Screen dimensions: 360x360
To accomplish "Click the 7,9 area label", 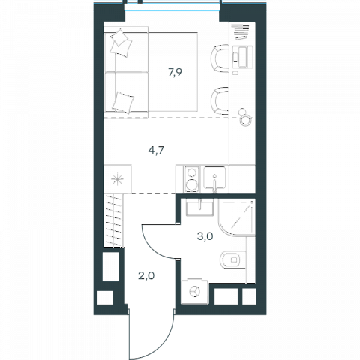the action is point(175,72).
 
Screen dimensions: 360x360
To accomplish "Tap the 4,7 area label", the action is point(156,151).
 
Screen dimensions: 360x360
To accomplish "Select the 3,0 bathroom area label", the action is point(205,236).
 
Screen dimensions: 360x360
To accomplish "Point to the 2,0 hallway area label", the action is point(146,275).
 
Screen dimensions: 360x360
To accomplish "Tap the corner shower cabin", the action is point(237,217).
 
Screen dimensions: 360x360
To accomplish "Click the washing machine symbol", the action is point(195,291).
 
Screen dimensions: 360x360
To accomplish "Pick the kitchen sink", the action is point(214,178).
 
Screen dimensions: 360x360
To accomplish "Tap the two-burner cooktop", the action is point(192,179).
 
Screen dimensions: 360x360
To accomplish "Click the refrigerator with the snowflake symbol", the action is point(118,178).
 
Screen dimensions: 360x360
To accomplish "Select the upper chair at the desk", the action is point(220,58).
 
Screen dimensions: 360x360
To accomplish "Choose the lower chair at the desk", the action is point(220,101).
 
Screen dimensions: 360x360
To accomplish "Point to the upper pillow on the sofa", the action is point(121,43).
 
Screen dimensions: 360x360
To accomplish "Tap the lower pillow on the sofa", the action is point(123,103).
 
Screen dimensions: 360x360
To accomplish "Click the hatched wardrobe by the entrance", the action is point(113,220).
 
